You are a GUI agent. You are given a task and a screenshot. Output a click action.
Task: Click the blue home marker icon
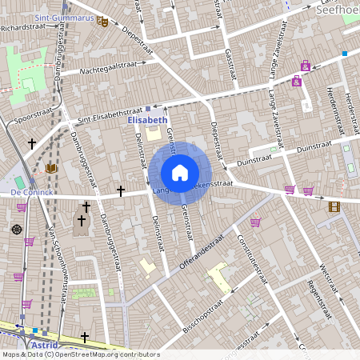click(x=180, y=173)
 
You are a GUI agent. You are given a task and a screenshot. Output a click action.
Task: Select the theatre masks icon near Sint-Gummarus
click(x=102, y=22)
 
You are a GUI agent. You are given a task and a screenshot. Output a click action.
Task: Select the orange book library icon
click(x=52, y=169)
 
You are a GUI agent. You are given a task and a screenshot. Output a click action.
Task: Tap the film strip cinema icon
click(x=334, y=206)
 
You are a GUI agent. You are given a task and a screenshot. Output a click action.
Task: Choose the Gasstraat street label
click(x=229, y=56)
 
